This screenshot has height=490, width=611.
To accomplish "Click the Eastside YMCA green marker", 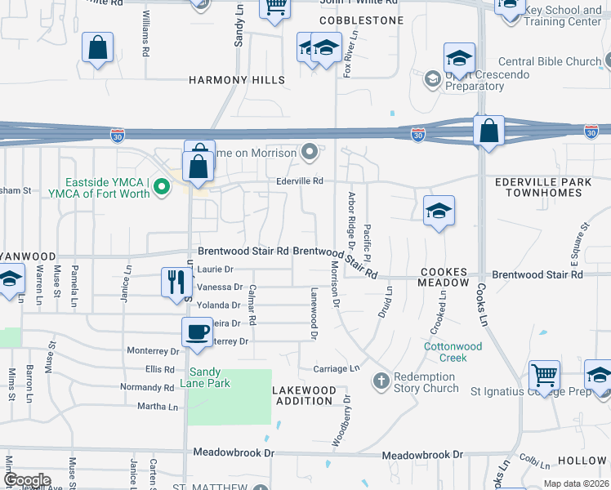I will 161,187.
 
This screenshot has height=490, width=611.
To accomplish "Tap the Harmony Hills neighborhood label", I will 237,80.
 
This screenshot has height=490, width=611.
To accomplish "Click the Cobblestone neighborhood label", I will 361,20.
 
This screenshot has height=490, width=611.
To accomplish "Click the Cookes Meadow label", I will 444,276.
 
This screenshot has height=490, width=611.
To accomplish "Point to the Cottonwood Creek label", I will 453,352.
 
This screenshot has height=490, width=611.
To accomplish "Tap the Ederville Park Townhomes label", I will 543,186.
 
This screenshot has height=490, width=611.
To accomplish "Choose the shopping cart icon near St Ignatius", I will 544,376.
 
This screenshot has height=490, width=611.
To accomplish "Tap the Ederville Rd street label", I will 300,180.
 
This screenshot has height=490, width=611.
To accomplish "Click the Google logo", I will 27,480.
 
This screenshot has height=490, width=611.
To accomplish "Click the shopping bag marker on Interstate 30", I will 488,131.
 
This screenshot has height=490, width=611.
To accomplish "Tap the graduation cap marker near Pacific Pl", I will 439,212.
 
